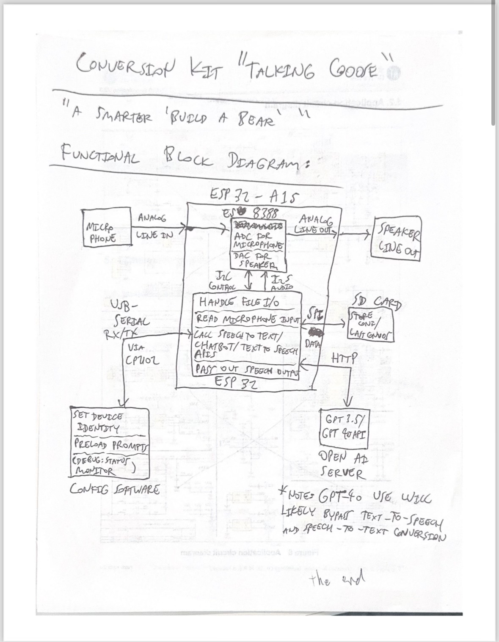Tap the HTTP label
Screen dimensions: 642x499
coord(344,359)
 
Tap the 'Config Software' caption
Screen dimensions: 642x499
coord(114,490)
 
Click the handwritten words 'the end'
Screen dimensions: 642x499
coord(334,580)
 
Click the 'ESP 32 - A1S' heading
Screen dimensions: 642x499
coord(255,196)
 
